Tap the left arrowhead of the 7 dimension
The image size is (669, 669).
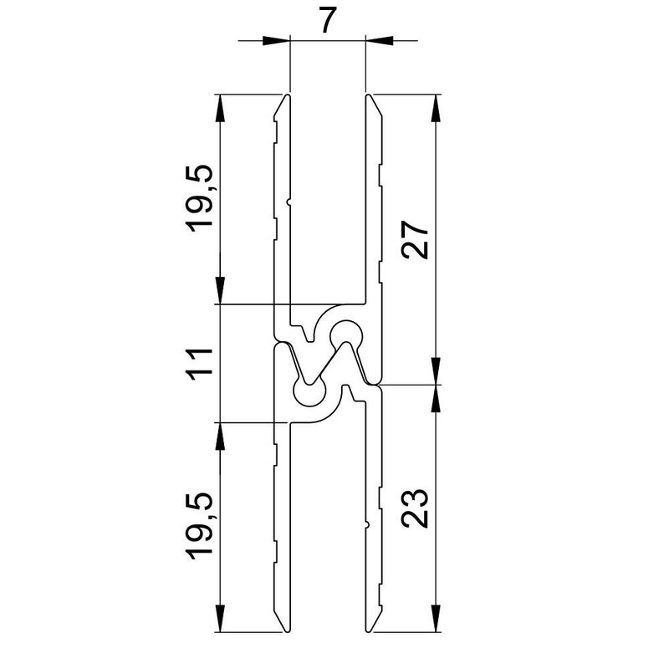point(277,39)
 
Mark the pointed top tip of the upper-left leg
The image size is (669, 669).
point(287,97)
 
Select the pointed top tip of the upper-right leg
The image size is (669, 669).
point(369,97)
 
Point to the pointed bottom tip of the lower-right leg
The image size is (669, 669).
point(369,631)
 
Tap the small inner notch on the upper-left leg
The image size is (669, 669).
point(289,202)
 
